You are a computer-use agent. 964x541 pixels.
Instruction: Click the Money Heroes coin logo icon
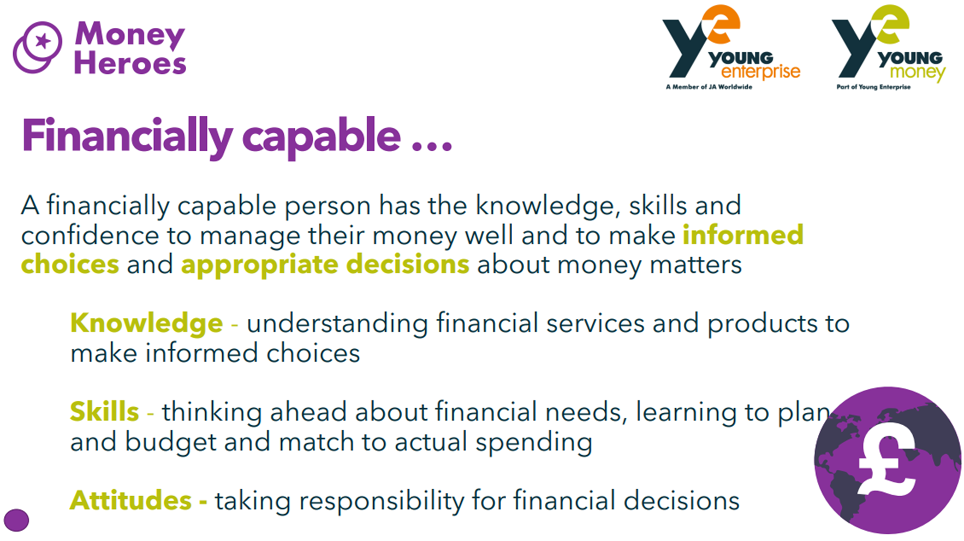[x=37, y=47]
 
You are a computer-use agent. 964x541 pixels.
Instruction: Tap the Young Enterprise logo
[x=730, y=47]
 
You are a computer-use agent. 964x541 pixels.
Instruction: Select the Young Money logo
[x=888, y=47]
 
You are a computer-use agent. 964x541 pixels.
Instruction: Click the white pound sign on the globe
[x=886, y=459]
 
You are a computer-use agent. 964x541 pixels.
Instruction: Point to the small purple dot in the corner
[x=16, y=520]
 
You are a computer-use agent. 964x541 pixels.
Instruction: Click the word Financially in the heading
[x=127, y=136]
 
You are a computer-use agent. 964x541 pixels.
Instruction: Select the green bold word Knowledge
[x=146, y=323]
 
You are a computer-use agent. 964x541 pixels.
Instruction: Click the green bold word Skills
[x=104, y=411]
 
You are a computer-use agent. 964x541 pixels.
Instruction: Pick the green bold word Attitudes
[x=130, y=500]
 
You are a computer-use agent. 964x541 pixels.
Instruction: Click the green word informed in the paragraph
[x=743, y=235]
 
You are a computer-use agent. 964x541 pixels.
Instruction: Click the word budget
[x=170, y=442]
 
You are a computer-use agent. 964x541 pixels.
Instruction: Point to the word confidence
[x=90, y=235]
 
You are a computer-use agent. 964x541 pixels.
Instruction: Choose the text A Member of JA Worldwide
[x=709, y=87]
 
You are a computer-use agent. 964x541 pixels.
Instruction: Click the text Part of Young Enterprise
[x=873, y=87]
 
